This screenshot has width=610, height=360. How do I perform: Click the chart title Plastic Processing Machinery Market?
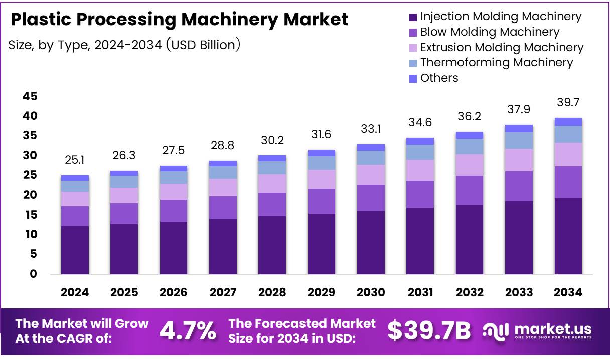coord(179,20)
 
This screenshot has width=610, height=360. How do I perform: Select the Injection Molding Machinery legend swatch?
coord(413,17)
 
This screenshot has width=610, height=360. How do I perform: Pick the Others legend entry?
coord(439,78)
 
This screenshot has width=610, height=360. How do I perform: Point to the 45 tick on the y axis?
coord(30,96)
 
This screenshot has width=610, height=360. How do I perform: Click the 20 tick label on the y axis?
coord(30,195)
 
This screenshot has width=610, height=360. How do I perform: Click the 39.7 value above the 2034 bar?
coord(568,103)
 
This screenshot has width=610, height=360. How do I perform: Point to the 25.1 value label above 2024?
coord(75,161)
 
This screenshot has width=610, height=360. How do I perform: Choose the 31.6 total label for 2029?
coord(322,135)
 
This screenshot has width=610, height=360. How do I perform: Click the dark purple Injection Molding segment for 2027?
coord(223,246)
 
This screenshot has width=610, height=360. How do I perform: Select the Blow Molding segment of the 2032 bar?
coord(470,190)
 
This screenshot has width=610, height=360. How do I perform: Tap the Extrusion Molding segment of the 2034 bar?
coord(568,154)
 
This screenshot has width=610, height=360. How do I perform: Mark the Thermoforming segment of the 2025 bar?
coord(124,182)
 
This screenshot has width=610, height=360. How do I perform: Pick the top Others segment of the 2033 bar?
coord(519,128)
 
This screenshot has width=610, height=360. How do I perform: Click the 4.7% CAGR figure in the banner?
coord(188,330)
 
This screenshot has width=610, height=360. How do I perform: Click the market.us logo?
coord(537,331)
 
